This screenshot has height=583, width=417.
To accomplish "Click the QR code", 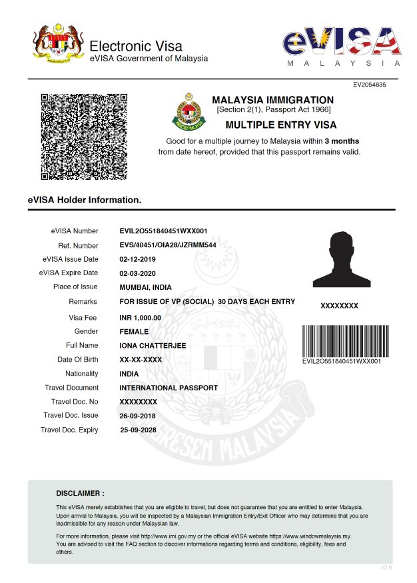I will tap(85, 137).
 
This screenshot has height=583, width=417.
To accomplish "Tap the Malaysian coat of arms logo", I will tap(59, 45).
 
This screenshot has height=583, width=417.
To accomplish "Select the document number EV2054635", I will tap(370, 85).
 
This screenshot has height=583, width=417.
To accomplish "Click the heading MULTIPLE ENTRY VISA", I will tap(281, 125).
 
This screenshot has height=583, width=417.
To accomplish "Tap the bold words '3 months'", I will tap(342, 141).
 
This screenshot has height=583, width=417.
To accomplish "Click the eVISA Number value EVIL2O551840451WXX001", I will tap(163, 231).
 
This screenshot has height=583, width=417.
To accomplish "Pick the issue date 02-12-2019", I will tap(137, 259).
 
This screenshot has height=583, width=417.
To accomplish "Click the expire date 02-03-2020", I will tap(137, 273).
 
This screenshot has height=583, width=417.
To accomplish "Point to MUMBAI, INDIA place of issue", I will tap(145, 287).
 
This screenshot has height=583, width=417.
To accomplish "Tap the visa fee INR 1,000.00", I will tap(140, 318).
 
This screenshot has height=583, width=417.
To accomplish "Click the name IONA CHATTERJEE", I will tap(153, 345).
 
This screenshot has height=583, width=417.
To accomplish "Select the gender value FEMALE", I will tap(134, 331).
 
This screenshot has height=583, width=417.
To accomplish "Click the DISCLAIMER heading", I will tap(80, 494).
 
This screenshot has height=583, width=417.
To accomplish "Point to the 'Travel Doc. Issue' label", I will tap(71, 415).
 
